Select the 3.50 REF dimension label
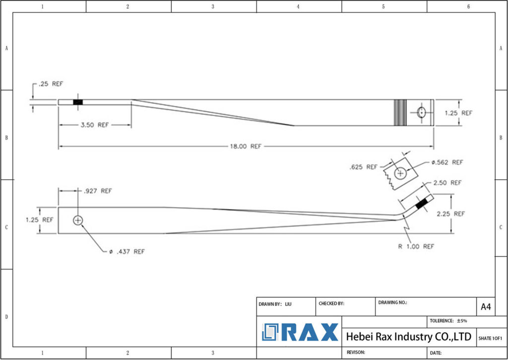coord(94,125)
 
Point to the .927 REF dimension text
coord(98,191)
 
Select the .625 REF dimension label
coord(364,167)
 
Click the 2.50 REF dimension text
coord(447,183)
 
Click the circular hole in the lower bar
coord(78,220)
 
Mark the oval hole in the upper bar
coord(421,112)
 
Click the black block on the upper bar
coord(78,102)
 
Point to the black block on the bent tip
coord(422,204)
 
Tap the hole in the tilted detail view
coord(401,173)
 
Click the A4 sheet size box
coord(486,307)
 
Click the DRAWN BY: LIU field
coord(275,303)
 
